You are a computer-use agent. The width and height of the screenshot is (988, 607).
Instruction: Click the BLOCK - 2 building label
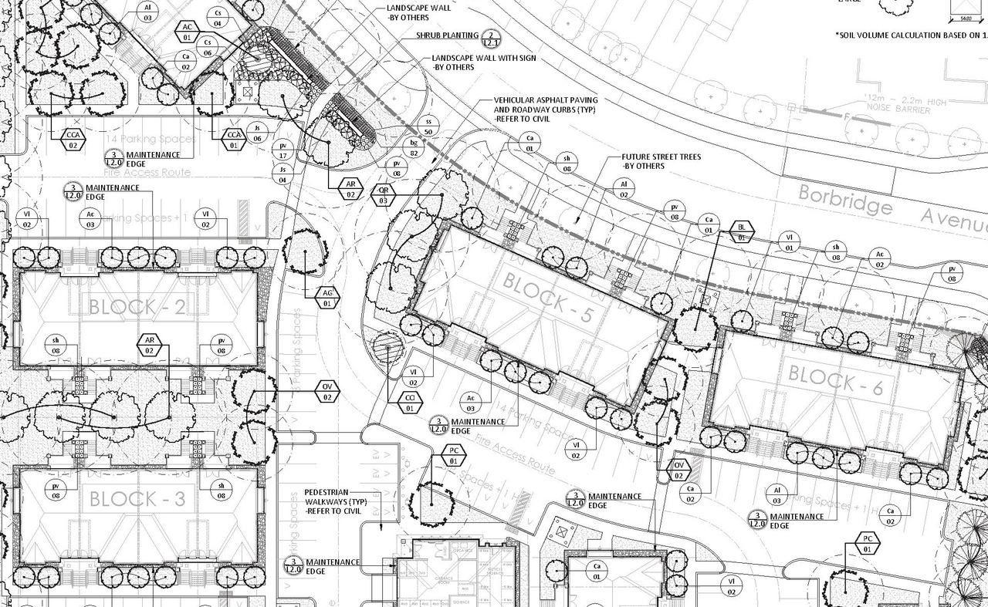point(137,307)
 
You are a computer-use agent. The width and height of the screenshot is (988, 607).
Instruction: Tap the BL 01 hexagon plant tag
point(743,232)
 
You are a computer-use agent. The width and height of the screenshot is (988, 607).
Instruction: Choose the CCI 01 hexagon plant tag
point(410,403)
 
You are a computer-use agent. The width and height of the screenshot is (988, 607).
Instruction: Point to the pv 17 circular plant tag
point(283,150)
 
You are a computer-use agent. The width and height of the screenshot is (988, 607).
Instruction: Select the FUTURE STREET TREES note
point(661,161)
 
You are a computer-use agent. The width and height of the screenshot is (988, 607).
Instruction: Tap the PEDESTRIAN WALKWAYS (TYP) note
point(333,501)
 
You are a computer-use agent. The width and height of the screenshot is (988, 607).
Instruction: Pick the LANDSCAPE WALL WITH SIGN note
point(483,62)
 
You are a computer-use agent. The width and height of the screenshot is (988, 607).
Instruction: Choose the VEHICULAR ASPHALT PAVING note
point(545,110)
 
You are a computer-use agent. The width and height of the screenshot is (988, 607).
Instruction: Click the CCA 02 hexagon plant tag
point(73,140)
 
